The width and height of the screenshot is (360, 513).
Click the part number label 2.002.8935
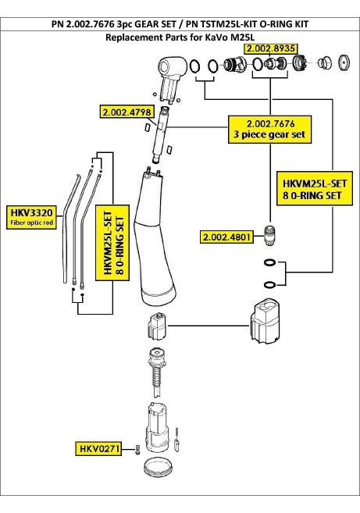[271, 48]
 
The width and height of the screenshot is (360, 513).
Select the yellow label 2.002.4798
[127, 112]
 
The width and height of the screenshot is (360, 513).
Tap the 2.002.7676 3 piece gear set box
[269, 129]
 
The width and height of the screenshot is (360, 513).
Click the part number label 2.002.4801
[226, 237]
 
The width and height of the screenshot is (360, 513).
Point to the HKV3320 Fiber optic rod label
[31, 217]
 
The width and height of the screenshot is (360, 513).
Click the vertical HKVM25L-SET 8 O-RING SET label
[112, 243]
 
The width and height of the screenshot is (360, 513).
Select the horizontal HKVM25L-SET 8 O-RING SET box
[315, 188]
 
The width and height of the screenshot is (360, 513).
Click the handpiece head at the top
[171, 78]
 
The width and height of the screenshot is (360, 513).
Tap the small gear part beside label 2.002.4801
[269, 235]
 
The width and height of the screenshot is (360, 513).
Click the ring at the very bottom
[158, 469]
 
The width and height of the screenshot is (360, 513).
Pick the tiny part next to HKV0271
[137, 450]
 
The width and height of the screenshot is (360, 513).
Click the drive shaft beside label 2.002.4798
[161, 134]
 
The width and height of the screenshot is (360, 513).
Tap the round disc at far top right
[344, 62]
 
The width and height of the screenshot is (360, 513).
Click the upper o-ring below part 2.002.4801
[269, 262]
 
